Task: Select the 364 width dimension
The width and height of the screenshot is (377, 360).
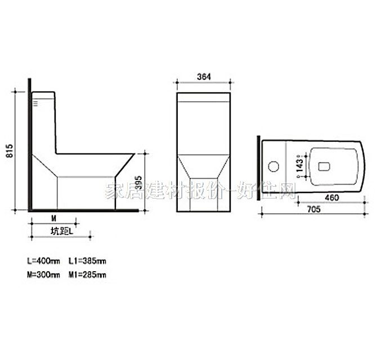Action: click(204, 78)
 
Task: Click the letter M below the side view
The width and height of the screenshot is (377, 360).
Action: click(53, 217)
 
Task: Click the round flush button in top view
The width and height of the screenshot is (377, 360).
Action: click(274, 166)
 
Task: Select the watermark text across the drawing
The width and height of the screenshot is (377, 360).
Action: click(200, 191)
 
